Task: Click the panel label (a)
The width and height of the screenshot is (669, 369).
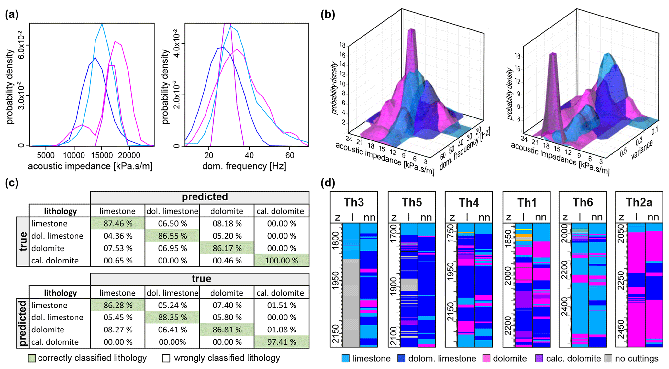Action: [x=12, y=15]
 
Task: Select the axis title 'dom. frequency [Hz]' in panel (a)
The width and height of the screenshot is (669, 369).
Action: [x=244, y=166]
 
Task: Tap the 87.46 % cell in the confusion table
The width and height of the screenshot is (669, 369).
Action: [x=117, y=224]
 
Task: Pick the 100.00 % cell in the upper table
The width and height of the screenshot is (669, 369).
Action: [x=282, y=261]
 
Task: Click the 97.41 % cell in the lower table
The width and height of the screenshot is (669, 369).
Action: [x=282, y=342]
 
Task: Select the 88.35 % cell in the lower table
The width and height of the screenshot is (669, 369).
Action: [x=172, y=318]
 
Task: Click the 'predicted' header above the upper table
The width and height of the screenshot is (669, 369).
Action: [x=205, y=197]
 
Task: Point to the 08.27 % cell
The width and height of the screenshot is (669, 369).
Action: [x=117, y=330]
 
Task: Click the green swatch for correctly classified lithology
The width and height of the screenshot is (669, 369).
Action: [x=32, y=358]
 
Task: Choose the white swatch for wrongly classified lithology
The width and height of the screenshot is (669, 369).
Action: [x=166, y=358]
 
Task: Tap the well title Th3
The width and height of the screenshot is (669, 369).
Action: [x=354, y=203]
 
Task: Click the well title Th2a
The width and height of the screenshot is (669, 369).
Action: [x=639, y=203]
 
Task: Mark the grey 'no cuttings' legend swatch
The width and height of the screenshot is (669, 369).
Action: [x=608, y=359]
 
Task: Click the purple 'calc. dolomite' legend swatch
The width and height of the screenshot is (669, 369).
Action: [x=539, y=359]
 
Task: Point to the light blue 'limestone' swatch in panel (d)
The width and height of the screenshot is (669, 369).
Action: [x=346, y=359]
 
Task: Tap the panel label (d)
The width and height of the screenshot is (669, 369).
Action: [x=328, y=183]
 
